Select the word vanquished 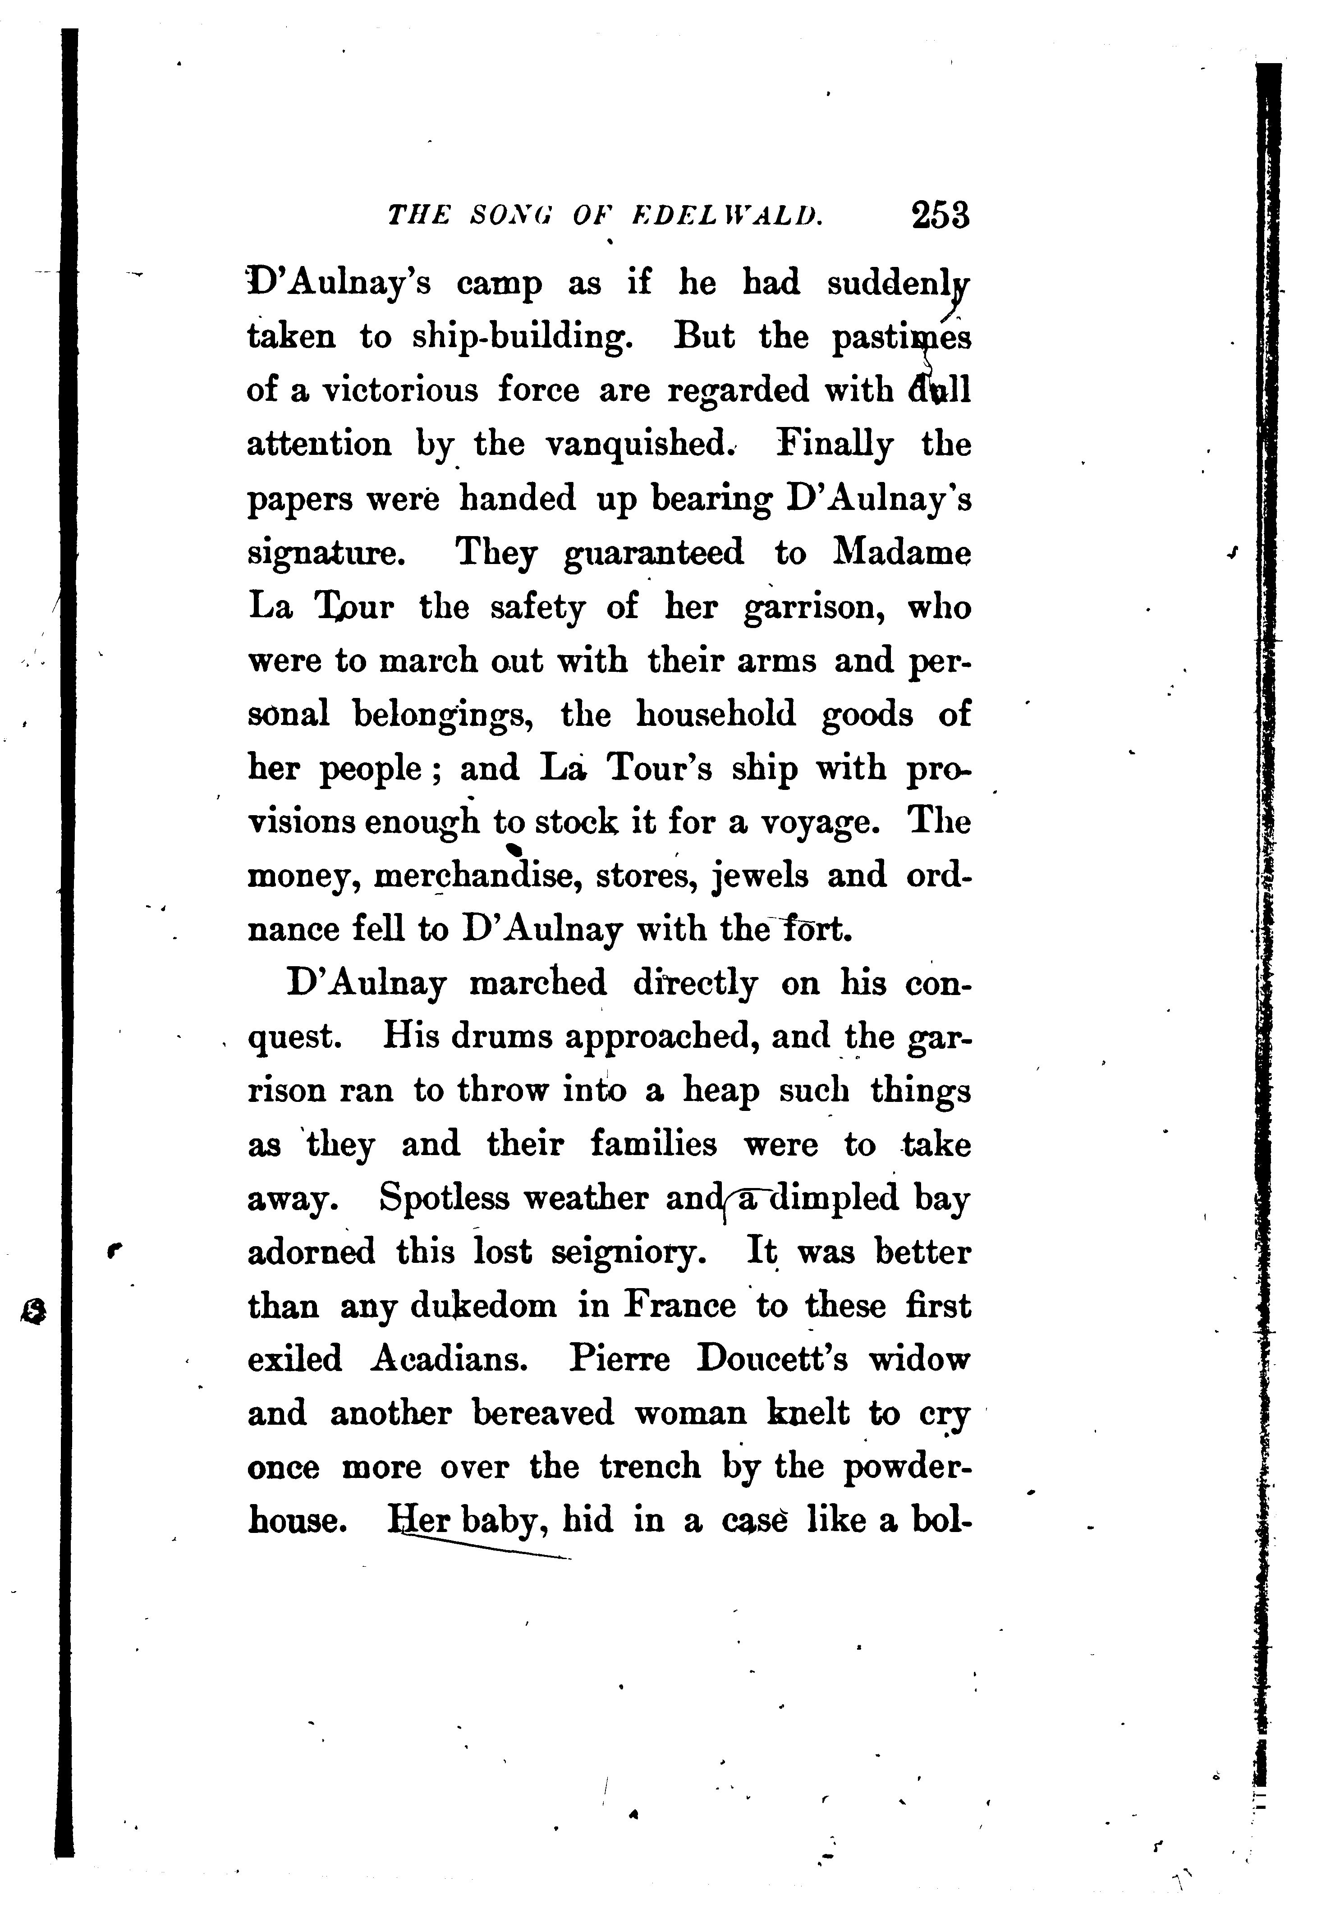coord(640,444)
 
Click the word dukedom coord(483,1306)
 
